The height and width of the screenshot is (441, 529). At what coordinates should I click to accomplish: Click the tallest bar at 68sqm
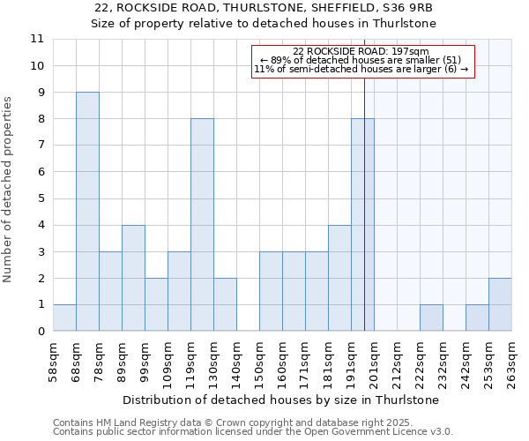click(x=87, y=212)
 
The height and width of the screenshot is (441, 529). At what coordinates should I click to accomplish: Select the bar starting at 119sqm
click(x=202, y=225)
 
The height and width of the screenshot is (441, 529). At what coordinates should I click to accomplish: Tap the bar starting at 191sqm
click(x=362, y=225)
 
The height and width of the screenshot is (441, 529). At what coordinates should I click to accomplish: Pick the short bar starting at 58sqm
click(x=64, y=318)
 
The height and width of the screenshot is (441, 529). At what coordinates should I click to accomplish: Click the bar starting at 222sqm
click(x=431, y=318)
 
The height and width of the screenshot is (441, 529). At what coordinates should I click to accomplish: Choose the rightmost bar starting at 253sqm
click(x=500, y=305)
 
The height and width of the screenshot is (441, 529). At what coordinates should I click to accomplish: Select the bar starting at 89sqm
click(x=133, y=279)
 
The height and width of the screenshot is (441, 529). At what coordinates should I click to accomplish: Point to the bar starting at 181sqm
click(x=339, y=279)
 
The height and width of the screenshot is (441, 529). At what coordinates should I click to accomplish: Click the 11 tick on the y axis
click(x=37, y=39)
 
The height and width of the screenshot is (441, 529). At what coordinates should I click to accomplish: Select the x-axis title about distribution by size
click(x=282, y=400)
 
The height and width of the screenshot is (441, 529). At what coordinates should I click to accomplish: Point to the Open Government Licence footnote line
click(x=253, y=431)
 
